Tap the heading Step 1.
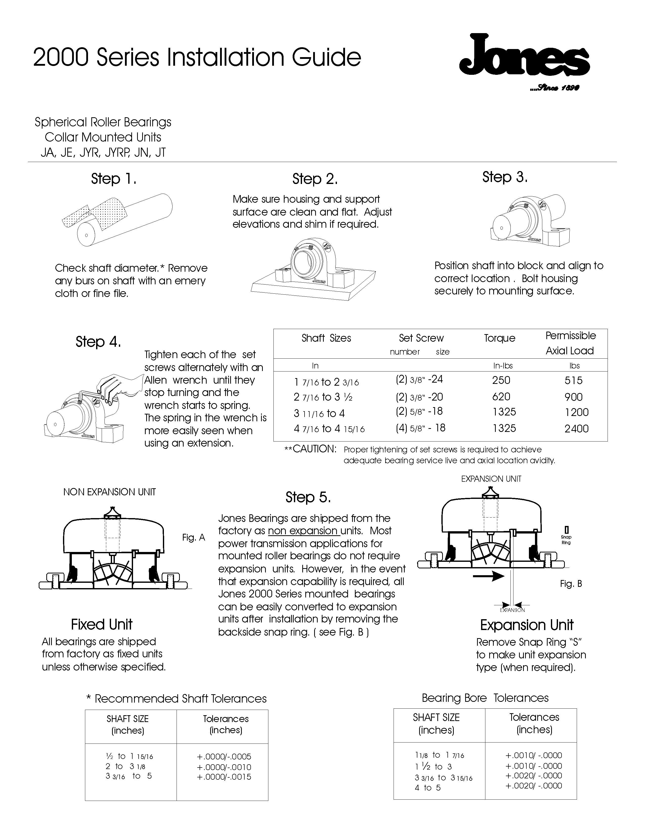(114, 179)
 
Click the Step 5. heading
(308, 497)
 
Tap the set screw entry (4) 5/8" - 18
(420, 428)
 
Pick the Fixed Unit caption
(102, 624)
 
